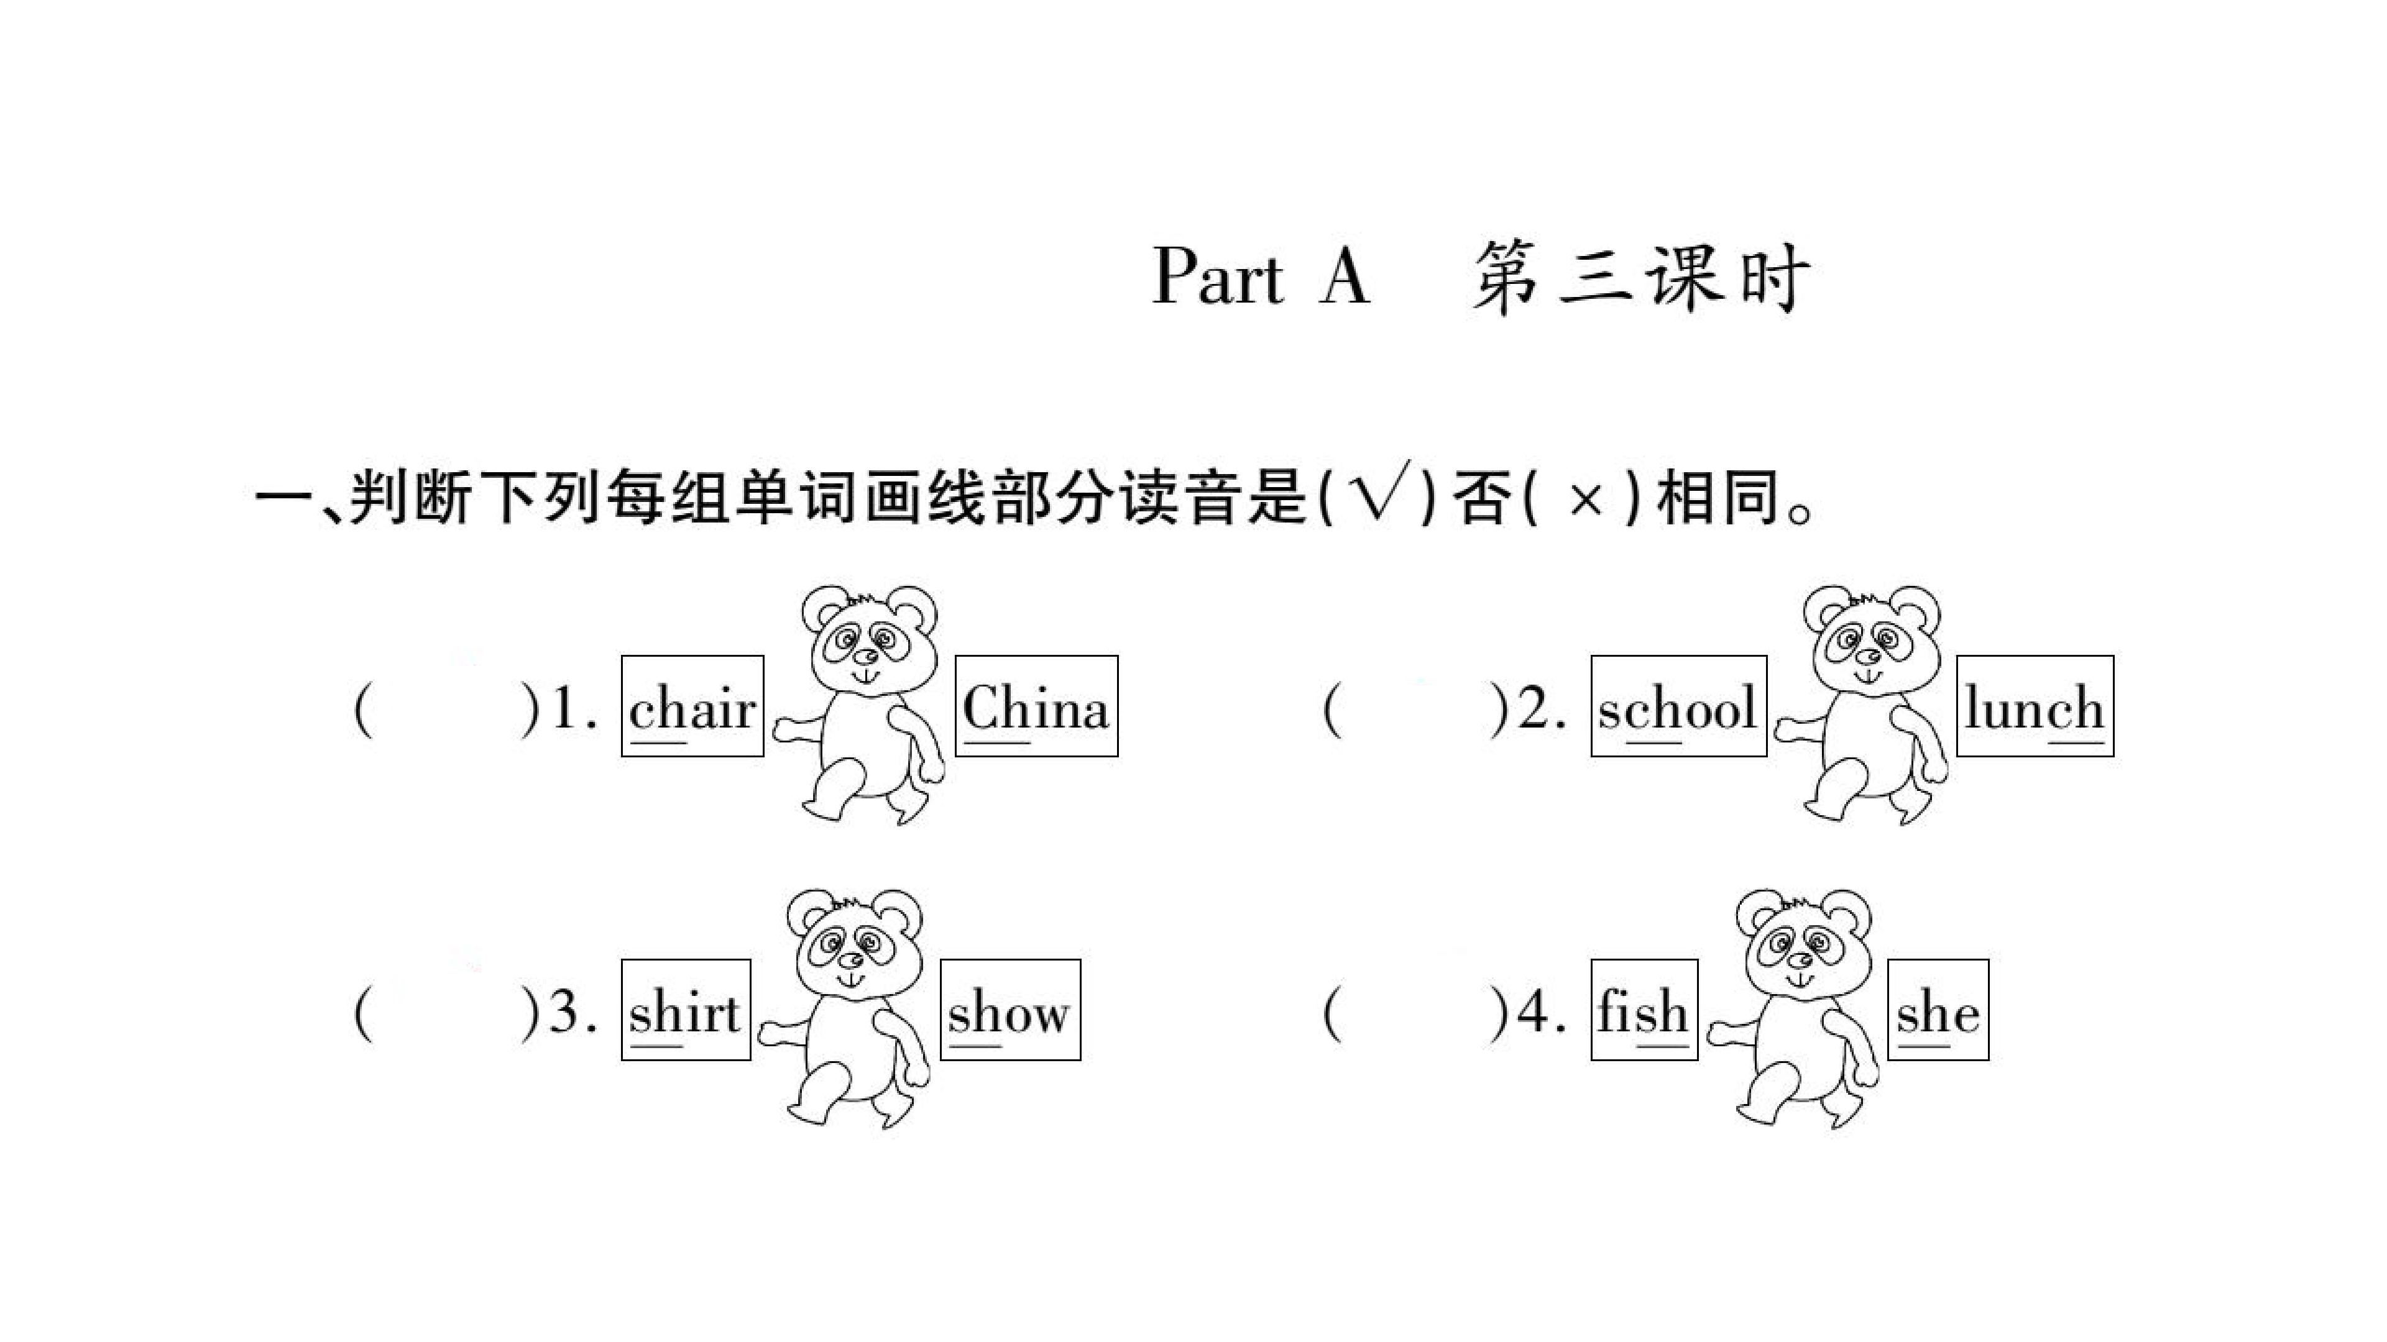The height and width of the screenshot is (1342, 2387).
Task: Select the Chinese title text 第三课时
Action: pos(1641,277)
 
